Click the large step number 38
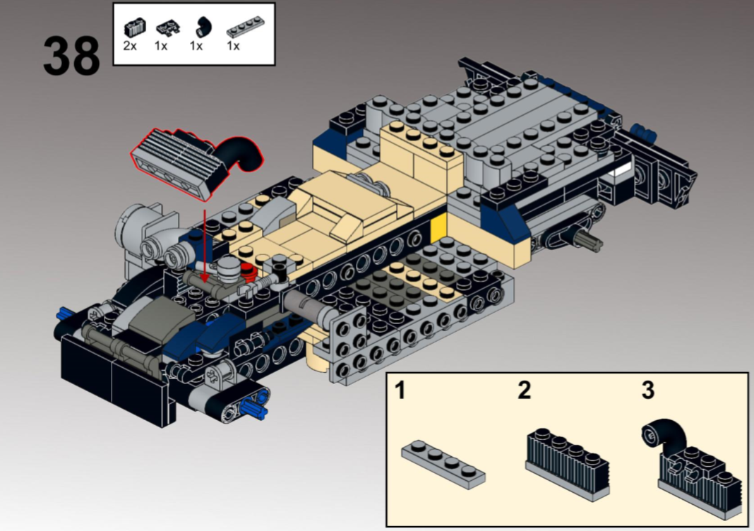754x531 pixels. pos(71,56)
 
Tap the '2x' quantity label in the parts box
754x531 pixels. pos(130,47)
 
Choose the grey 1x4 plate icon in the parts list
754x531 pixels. pos(241,30)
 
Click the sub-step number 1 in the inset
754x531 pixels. pos(400,390)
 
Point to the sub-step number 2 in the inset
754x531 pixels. pos(523,390)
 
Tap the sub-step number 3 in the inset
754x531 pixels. pos(647,390)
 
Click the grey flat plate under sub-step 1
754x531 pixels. pos(443,463)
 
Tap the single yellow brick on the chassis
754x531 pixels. pos(438,226)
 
